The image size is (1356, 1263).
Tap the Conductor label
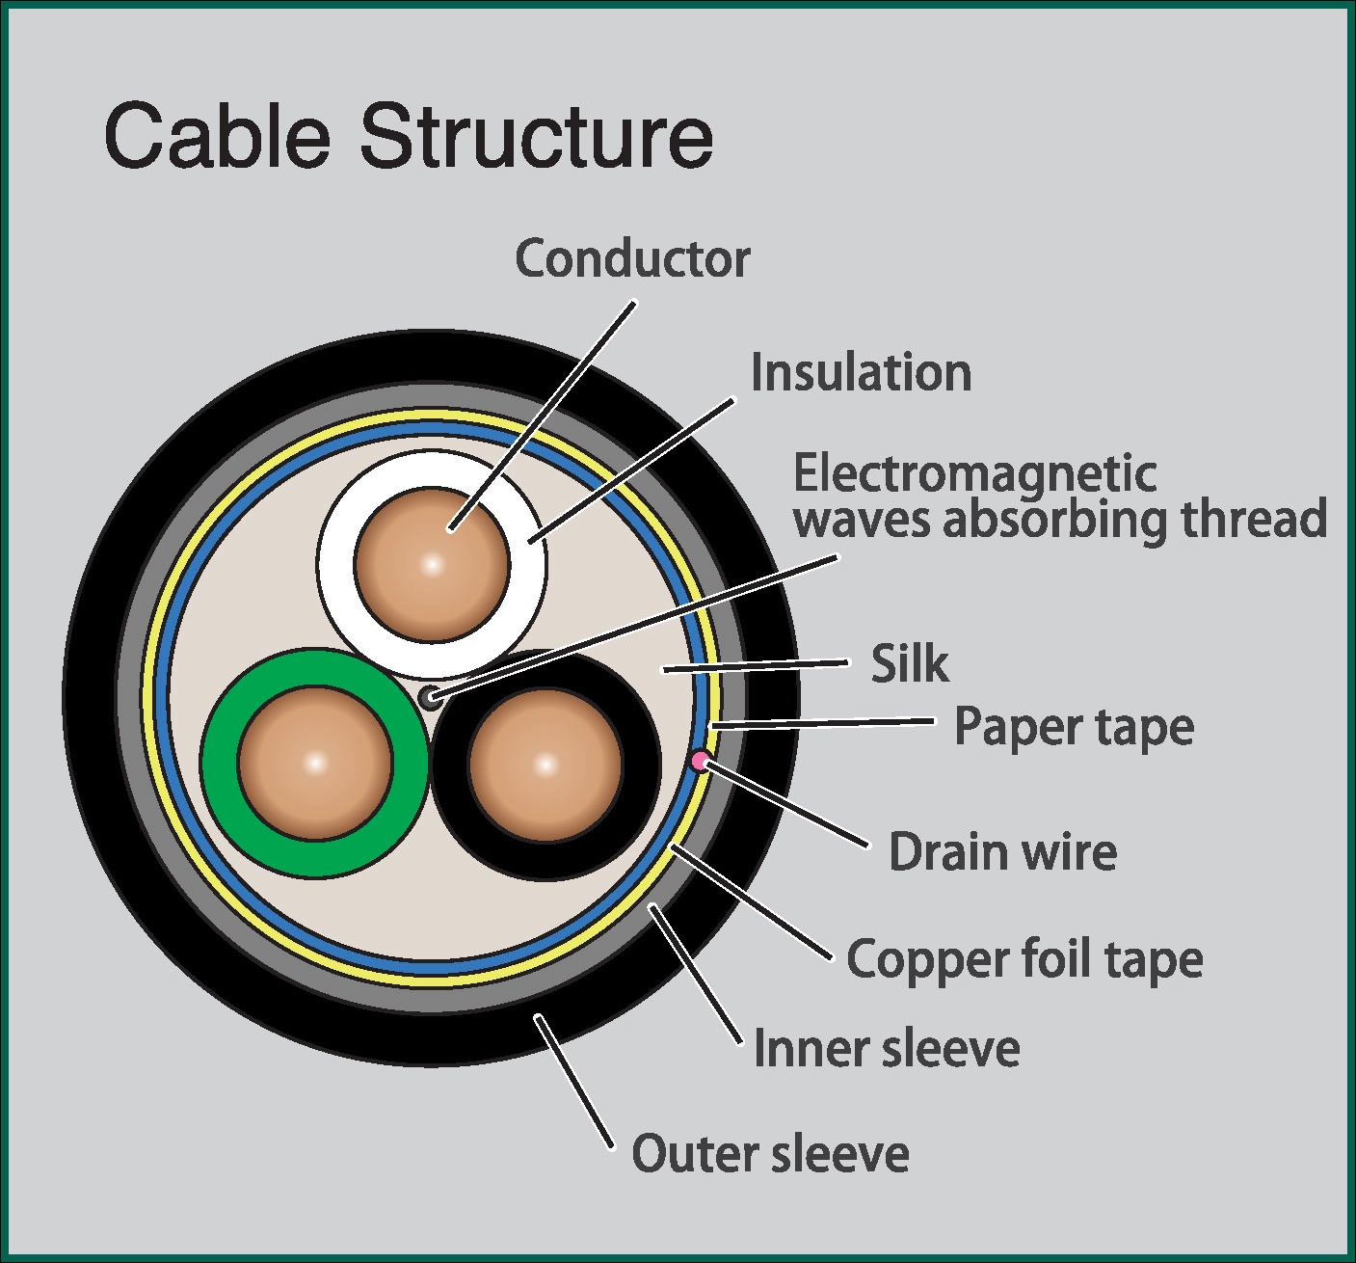632,258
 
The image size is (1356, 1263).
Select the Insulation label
861,373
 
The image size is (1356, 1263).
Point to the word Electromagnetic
974,473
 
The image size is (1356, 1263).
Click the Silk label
909,663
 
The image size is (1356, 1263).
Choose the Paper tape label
1074,727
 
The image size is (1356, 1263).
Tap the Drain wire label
1002,852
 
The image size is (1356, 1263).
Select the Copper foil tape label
1024,959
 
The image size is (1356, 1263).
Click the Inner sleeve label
886,1048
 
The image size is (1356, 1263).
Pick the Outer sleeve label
770,1153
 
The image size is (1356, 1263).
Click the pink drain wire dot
701,761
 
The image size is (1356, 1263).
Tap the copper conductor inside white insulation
432,564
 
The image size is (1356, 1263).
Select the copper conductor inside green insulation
315,764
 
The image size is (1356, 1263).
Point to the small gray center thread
430,697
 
